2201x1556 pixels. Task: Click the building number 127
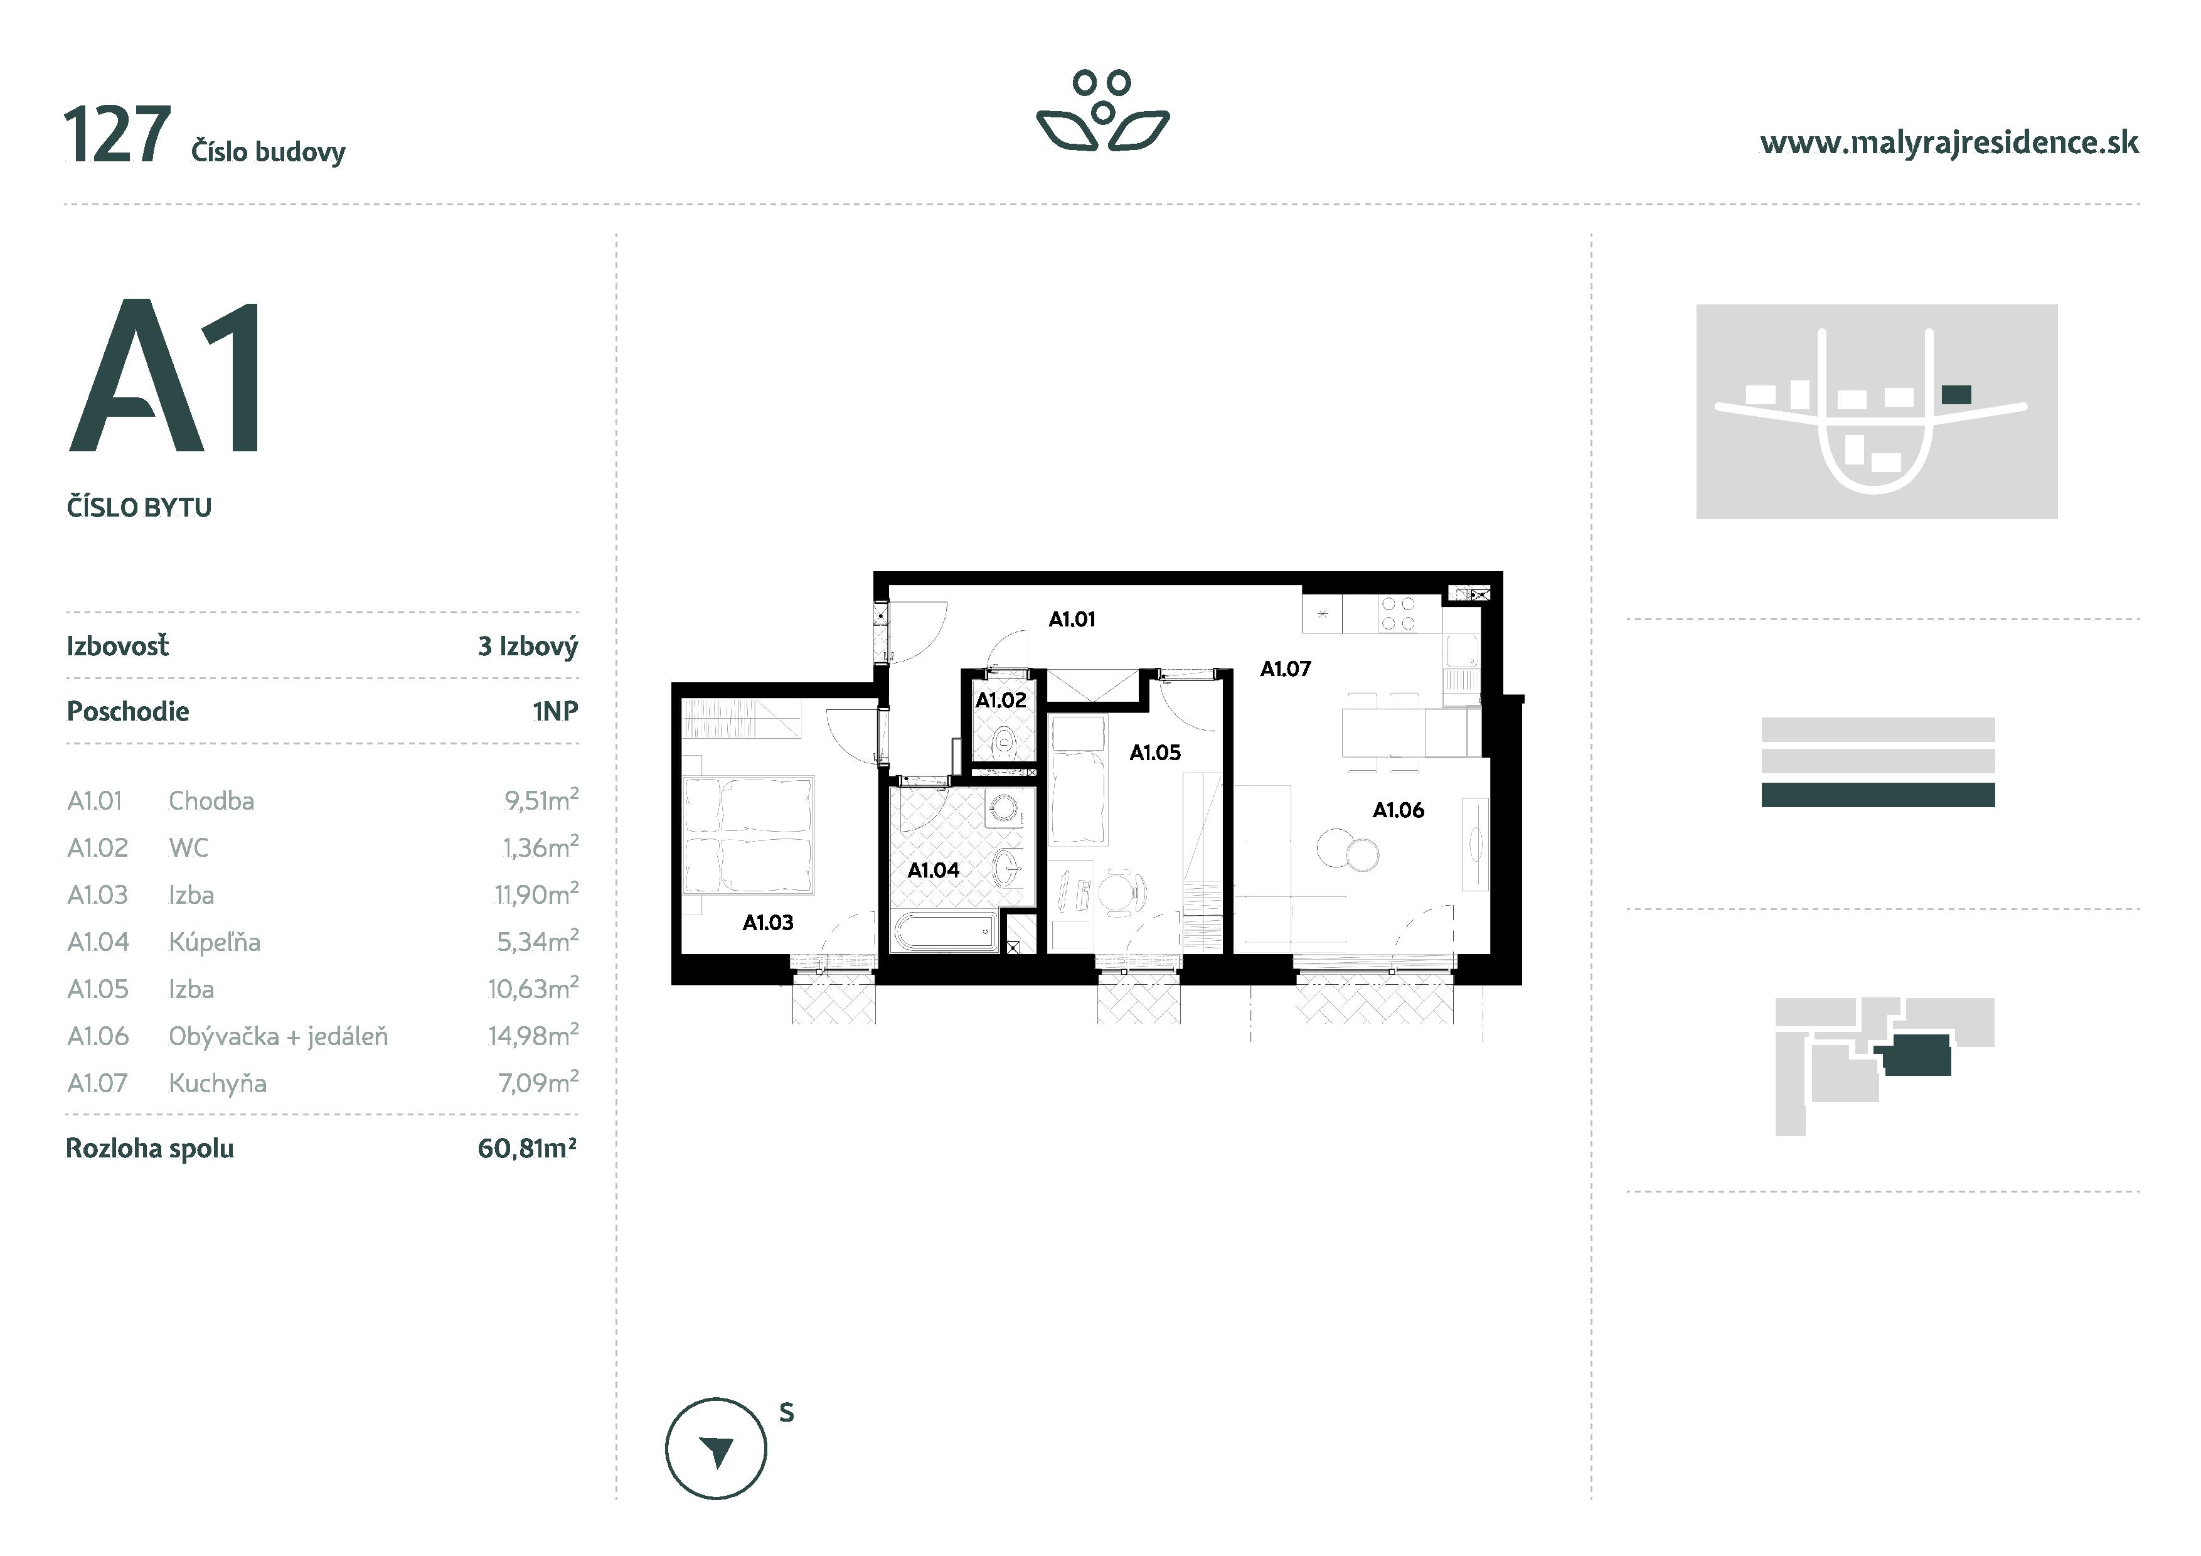(x=117, y=136)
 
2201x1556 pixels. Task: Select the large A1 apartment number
(x=166, y=376)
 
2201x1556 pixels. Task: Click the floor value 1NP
(x=555, y=711)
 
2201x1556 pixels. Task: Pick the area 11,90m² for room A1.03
(x=536, y=894)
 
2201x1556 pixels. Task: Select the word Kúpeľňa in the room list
(x=214, y=942)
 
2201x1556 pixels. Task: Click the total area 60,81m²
(x=526, y=1149)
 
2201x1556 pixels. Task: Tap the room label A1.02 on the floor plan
(x=1000, y=701)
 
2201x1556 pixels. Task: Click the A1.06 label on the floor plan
(x=1398, y=810)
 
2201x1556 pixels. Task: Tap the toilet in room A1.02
(x=1005, y=741)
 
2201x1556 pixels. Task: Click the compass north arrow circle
(x=715, y=1449)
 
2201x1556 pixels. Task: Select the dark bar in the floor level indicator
(x=1877, y=795)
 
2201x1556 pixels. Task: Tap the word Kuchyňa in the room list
(x=218, y=1083)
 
